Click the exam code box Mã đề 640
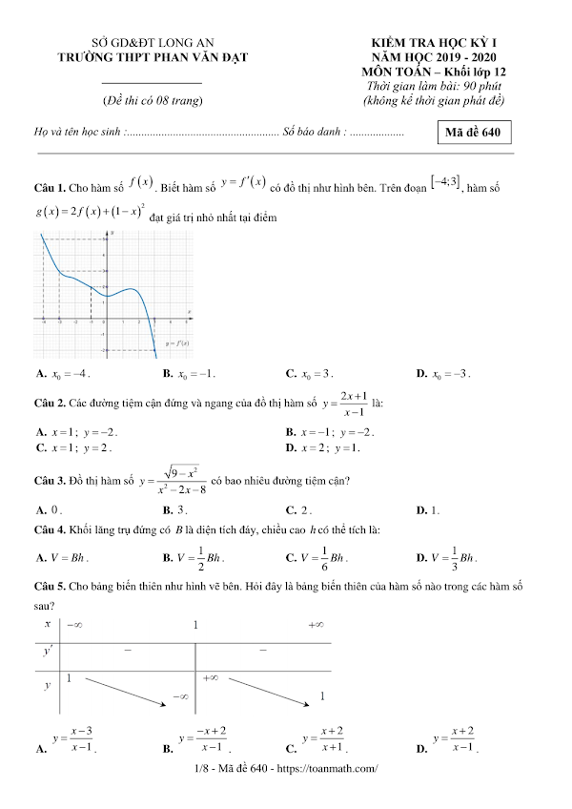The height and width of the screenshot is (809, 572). [473, 134]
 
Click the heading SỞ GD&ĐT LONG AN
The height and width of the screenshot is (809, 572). [153, 44]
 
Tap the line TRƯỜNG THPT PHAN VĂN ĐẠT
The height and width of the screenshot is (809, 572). [153, 58]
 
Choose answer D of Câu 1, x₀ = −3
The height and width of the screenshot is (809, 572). [444, 374]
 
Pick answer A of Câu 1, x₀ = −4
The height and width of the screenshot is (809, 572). [62, 374]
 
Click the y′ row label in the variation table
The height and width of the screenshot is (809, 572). [49, 652]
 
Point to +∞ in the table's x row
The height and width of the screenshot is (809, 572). [317, 625]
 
